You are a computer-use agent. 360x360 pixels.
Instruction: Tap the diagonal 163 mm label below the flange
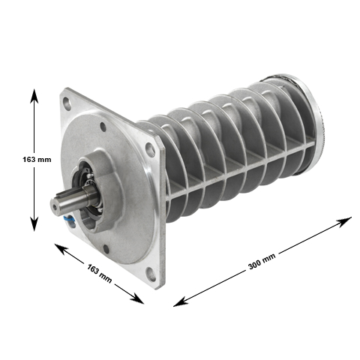[x=99, y=273]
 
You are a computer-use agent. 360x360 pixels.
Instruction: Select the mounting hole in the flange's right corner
[x=150, y=148]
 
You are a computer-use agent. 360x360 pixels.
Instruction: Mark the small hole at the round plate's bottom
[x=105, y=250]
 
